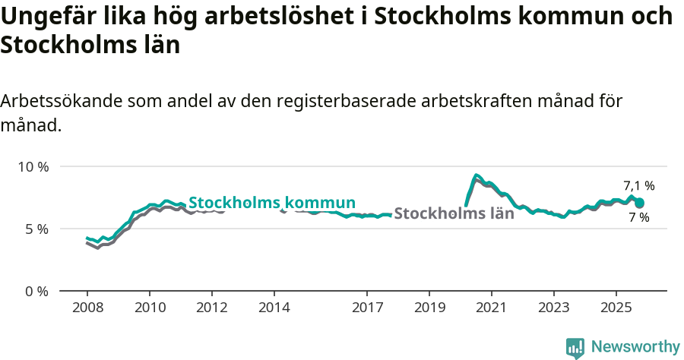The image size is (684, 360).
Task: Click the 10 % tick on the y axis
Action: click(33, 166)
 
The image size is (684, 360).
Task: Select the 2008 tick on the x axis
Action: click(87, 308)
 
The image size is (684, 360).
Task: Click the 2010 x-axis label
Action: click(149, 308)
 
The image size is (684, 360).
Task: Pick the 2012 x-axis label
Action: click(211, 308)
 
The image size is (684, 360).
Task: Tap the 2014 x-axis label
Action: click(274, 308)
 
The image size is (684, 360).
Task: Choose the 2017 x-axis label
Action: click(367, 308)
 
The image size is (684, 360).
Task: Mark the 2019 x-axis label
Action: click(429, 308)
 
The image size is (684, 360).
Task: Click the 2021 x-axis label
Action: click(492, 308)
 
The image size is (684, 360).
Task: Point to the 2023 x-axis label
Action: click(554, 308)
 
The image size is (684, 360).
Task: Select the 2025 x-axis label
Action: click(616, 308)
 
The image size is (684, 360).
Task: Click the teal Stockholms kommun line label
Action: click(272, 203)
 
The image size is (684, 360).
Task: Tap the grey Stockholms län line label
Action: click(454, 213)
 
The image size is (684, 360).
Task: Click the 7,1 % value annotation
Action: click(638, 185)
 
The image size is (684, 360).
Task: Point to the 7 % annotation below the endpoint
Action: click(638, 218)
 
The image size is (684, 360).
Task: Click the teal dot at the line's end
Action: click(640, 203)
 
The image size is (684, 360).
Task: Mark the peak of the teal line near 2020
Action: click(476, 175)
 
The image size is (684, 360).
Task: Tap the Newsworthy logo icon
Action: click(575, 347)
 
